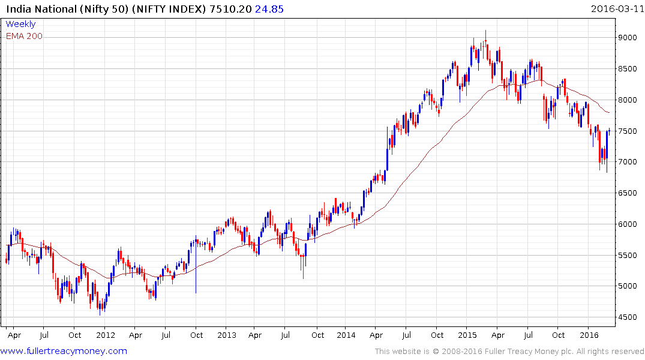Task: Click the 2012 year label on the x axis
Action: coord(106,335)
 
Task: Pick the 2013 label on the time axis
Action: coord(227,335)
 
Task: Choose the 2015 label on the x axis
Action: coord(468,335)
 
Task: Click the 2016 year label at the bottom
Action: coord(589,335)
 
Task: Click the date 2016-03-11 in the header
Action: coord(615,9)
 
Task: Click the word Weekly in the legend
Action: coord(20,25)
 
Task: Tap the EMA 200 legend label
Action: coord(24,36)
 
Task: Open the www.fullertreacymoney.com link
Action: coord(64,351)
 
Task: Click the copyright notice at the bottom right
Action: coord(509,352)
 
